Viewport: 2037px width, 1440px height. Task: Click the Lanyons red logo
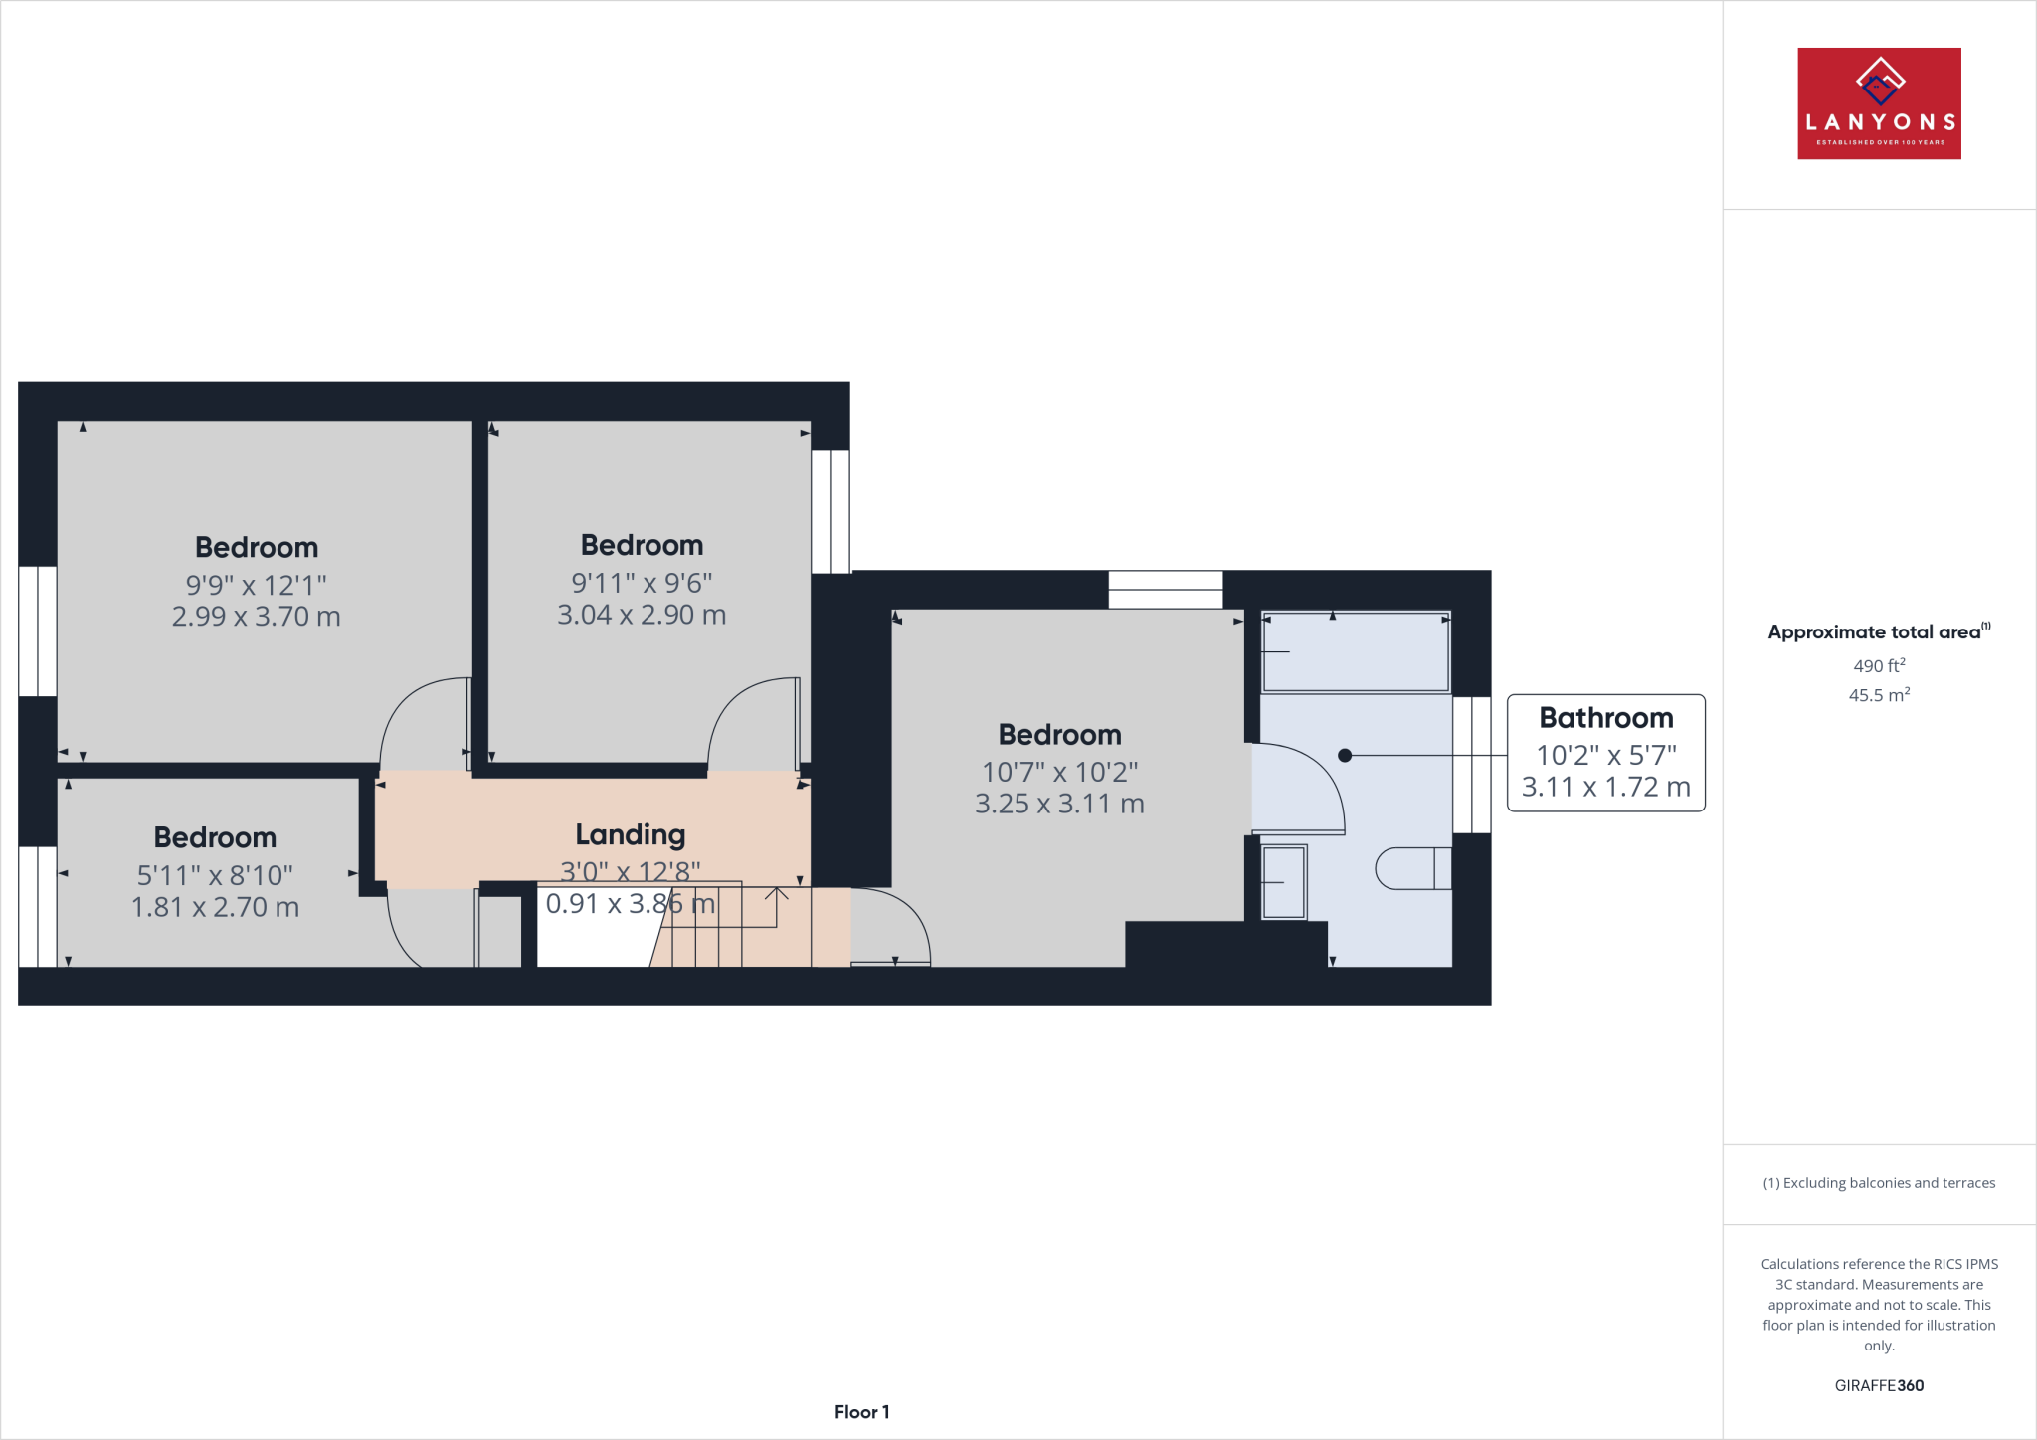1879,103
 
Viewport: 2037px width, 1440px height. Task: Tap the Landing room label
631,834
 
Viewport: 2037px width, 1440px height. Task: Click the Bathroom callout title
1605,718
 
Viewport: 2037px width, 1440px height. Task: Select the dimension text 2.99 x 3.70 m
256,617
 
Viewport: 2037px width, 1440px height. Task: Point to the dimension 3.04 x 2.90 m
642,615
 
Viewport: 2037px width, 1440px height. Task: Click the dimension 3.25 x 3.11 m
1059,804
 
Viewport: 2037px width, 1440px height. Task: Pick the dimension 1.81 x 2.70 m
215,907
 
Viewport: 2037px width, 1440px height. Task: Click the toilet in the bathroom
1412,868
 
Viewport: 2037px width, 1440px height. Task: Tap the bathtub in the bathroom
1356,652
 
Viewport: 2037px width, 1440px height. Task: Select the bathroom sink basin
1283,882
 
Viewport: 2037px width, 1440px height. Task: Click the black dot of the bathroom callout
1345,756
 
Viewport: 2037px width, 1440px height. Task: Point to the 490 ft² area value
1879,666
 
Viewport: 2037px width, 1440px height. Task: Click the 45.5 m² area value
1879,695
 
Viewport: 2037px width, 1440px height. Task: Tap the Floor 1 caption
861,1412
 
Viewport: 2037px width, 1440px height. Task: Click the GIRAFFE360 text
1879,1385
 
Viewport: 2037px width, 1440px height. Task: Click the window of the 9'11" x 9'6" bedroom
831,511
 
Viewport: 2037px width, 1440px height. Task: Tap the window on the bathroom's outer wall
1472,765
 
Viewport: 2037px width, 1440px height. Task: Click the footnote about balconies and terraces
1879,1183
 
